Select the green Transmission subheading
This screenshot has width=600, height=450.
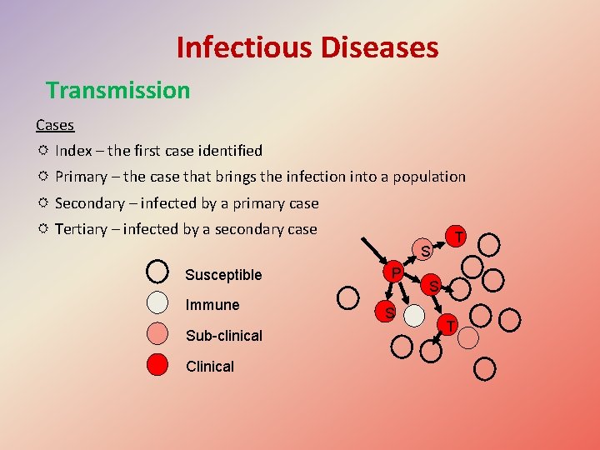[117, 90]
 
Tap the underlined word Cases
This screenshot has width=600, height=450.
[55, 125]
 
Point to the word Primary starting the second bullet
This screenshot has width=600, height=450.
[81, 177]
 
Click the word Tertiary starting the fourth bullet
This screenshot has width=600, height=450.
[83, 229]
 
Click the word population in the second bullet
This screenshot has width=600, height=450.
[423, 177]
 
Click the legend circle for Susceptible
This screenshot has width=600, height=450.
[157, 273]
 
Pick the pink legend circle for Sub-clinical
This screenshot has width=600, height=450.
[157, 335]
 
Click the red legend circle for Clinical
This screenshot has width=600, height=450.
[157, 366]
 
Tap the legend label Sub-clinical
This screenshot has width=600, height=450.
[223, 336]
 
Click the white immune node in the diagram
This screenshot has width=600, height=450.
[414, 314]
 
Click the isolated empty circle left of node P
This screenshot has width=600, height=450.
[348, 296]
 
